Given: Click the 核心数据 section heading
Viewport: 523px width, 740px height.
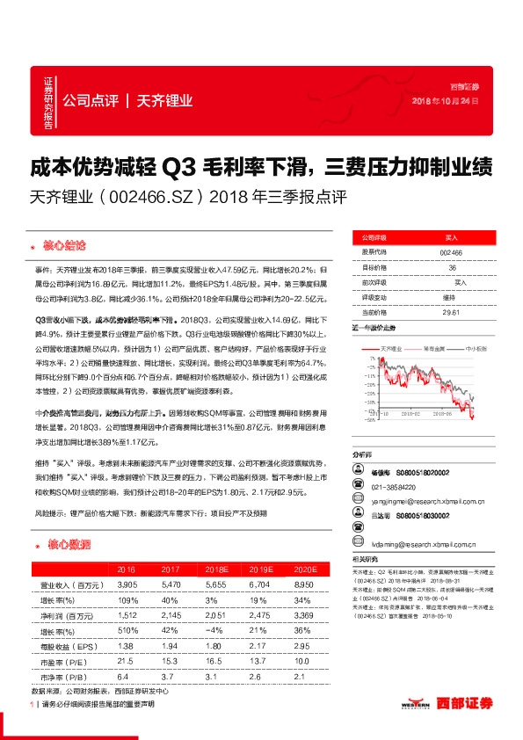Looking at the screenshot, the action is coord(65,545).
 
